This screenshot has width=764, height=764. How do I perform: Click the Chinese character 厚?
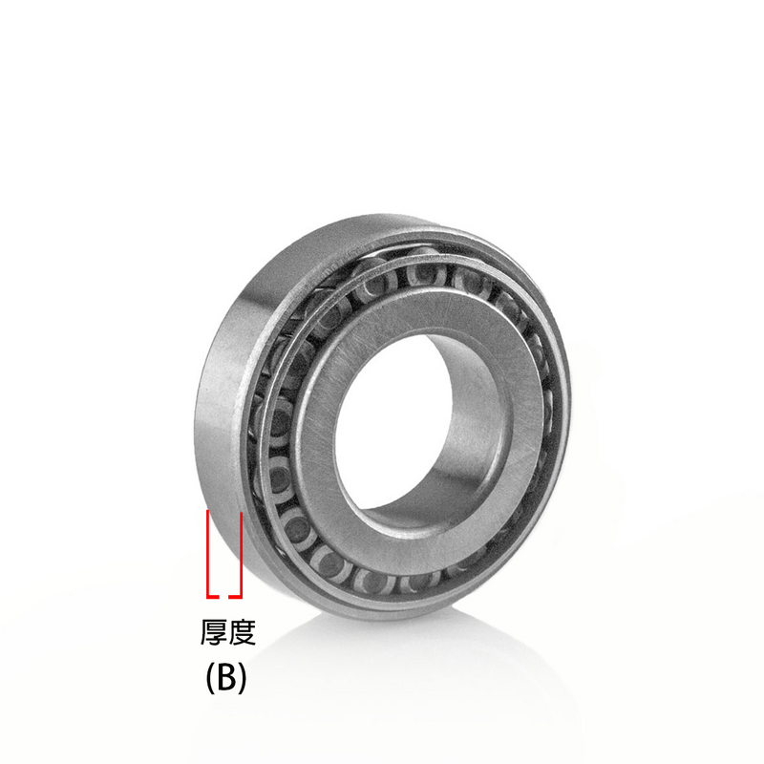pyautogui.click(x=213, y=632)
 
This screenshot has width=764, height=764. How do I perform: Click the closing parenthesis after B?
pyautogui.click(x=243, y=677)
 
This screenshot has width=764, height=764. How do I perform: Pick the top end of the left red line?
pyautogui.click(x=209, y=513)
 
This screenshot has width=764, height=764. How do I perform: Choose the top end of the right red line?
pyautogui.click(x=242, y=513)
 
